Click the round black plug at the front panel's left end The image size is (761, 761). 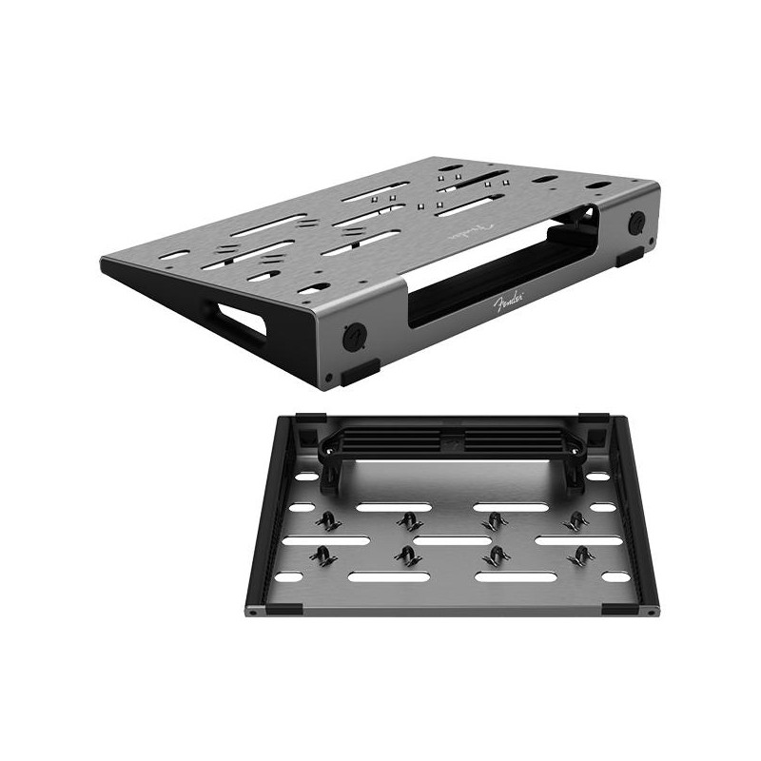[x=355, y=336]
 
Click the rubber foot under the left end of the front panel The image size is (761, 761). [x=361, y=372]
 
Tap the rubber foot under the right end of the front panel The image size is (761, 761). [x=630, y=257]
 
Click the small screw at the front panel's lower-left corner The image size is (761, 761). [x=329, y=377]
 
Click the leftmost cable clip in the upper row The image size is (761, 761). [x=327, y=522]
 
